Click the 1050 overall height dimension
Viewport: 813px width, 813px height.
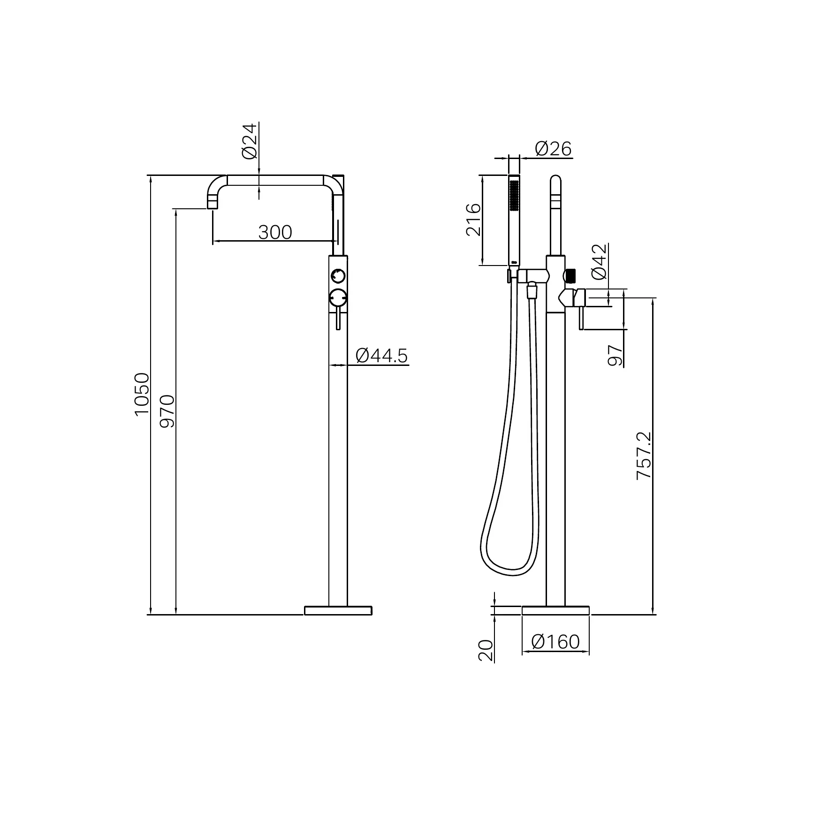(141, 394)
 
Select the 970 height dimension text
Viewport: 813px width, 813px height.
(167, 411)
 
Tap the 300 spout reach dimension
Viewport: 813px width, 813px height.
(275, 232)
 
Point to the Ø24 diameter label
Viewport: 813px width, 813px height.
(250, 141)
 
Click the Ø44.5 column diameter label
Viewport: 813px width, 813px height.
(382, 356)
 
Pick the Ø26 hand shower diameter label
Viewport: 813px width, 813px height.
(554, 149)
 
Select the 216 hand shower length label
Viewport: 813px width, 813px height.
(473, 219)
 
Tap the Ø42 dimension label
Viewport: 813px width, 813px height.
(600, 261)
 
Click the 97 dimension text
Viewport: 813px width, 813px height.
(615, 356)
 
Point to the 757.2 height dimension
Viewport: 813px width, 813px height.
(644, 456)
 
